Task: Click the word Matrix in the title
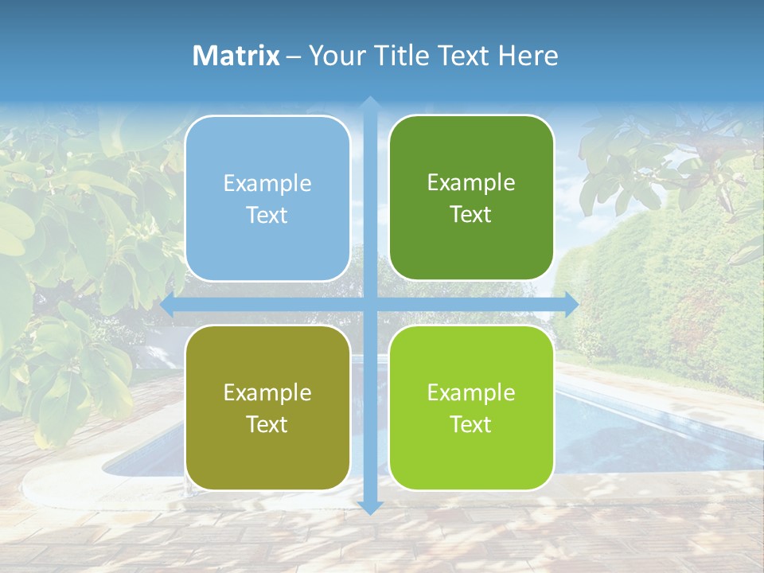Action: [x=236, y=56]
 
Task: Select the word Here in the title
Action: [x=528, y=56]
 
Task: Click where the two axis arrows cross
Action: [x=369, y=304]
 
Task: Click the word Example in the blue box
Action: [x=267, y=184]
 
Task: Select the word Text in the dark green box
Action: [x=471, y=215]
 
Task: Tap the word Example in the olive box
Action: [x=267, y=393]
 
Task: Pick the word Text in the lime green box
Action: [x=471, y=425]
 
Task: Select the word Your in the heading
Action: [x=335, y=56]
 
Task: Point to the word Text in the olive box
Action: [x=267, y=425]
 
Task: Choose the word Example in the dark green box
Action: [x=471, y=183]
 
